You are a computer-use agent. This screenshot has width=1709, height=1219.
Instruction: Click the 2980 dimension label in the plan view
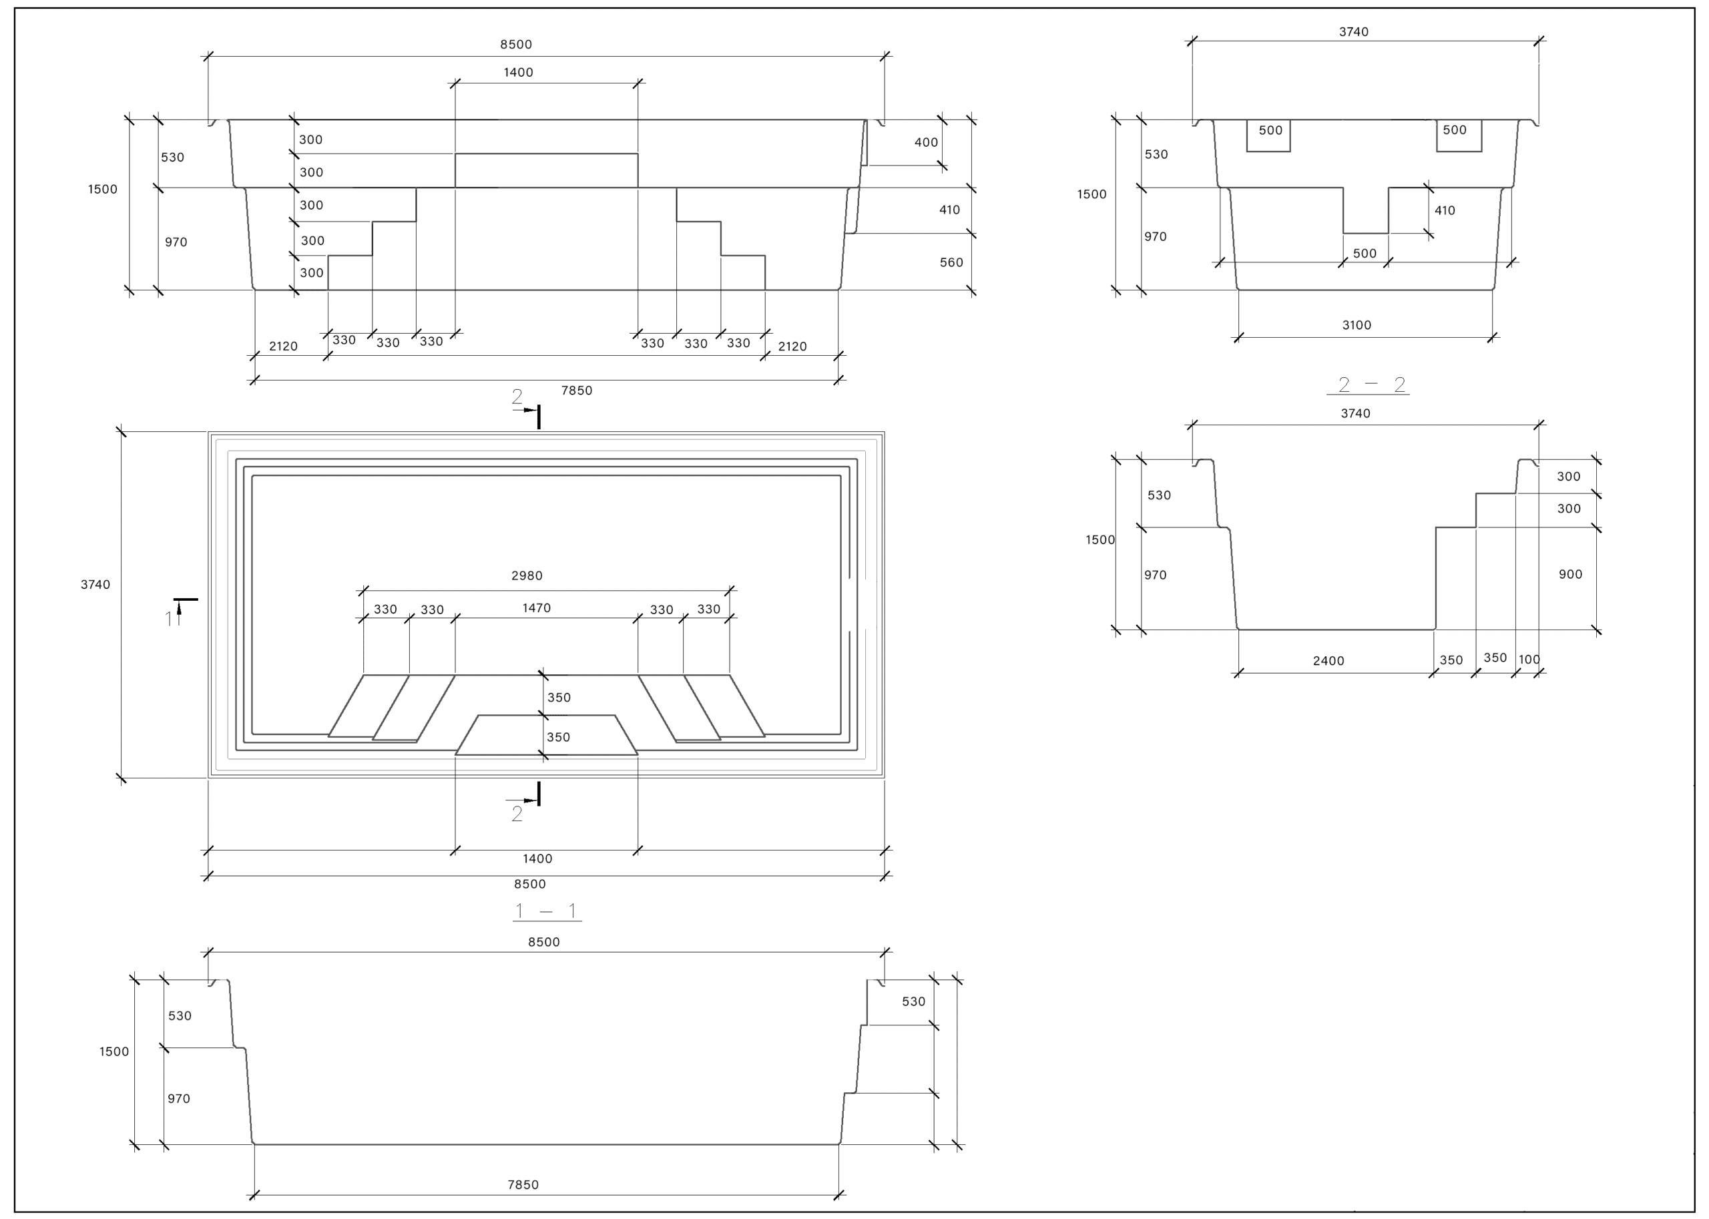point(527,575)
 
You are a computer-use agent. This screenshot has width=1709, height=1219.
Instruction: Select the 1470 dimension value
point(537,608)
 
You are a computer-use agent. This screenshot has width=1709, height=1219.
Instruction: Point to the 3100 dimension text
point(1357,325)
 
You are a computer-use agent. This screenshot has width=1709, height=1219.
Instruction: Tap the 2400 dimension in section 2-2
point(1328,660)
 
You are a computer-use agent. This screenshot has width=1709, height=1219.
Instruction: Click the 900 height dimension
point(1570,574)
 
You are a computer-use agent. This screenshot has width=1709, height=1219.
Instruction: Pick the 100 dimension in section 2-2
point(1529,659)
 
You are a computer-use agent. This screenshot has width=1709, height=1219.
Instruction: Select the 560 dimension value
point(951,262)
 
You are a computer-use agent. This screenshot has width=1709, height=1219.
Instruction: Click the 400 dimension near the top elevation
point(926,142)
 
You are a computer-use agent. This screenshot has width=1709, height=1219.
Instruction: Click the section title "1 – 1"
point(546,911)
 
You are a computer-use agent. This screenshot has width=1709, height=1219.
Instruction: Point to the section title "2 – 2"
point(1371,385)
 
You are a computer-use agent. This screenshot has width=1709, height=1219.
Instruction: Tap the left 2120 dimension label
point(283,346)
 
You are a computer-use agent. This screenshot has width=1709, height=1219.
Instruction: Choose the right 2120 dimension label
point(792,346)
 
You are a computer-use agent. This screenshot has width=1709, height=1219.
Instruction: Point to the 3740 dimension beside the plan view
point(95,585)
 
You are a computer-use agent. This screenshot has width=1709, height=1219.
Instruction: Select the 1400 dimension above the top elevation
point(518,72)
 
